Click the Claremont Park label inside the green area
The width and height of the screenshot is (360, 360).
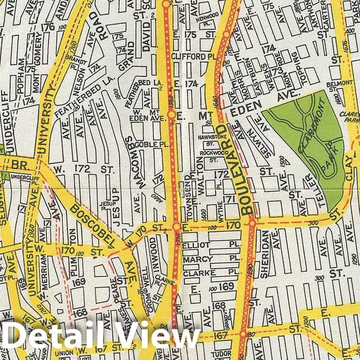(x=317, y=140)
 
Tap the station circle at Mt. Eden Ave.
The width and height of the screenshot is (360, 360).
(x=172, y=115)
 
